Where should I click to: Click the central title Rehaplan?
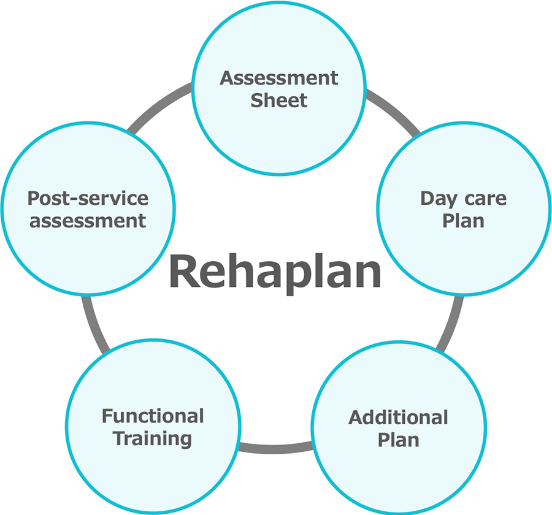(x=275, y=271)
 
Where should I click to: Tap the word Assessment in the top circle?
(x=279, y=78)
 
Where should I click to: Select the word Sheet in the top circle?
(x=279, y=100)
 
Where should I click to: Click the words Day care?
(x=464, y=199)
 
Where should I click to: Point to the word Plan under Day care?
(x=464, y=220)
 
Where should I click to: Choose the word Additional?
(x=399, y=418)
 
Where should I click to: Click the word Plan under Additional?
(x=399, y=440)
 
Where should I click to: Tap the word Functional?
(x=153, y=416)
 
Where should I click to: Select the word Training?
(x=153, y=439)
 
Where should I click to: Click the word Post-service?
(x=88, y=199)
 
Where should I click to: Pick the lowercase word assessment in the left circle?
(x=88, y=220)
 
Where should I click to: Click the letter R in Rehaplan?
(x=184, y=272)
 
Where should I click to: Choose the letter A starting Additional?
(x=356, y=418)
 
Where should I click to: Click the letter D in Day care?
(x=428, y=199)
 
